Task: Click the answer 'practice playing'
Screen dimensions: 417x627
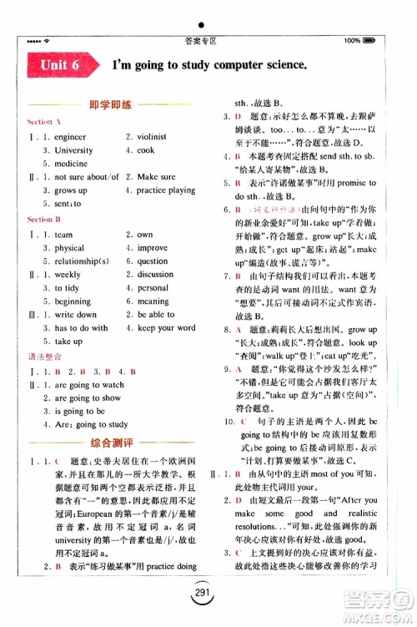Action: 166,190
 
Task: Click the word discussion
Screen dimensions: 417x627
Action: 155,274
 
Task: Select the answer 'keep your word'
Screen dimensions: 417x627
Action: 166,328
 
